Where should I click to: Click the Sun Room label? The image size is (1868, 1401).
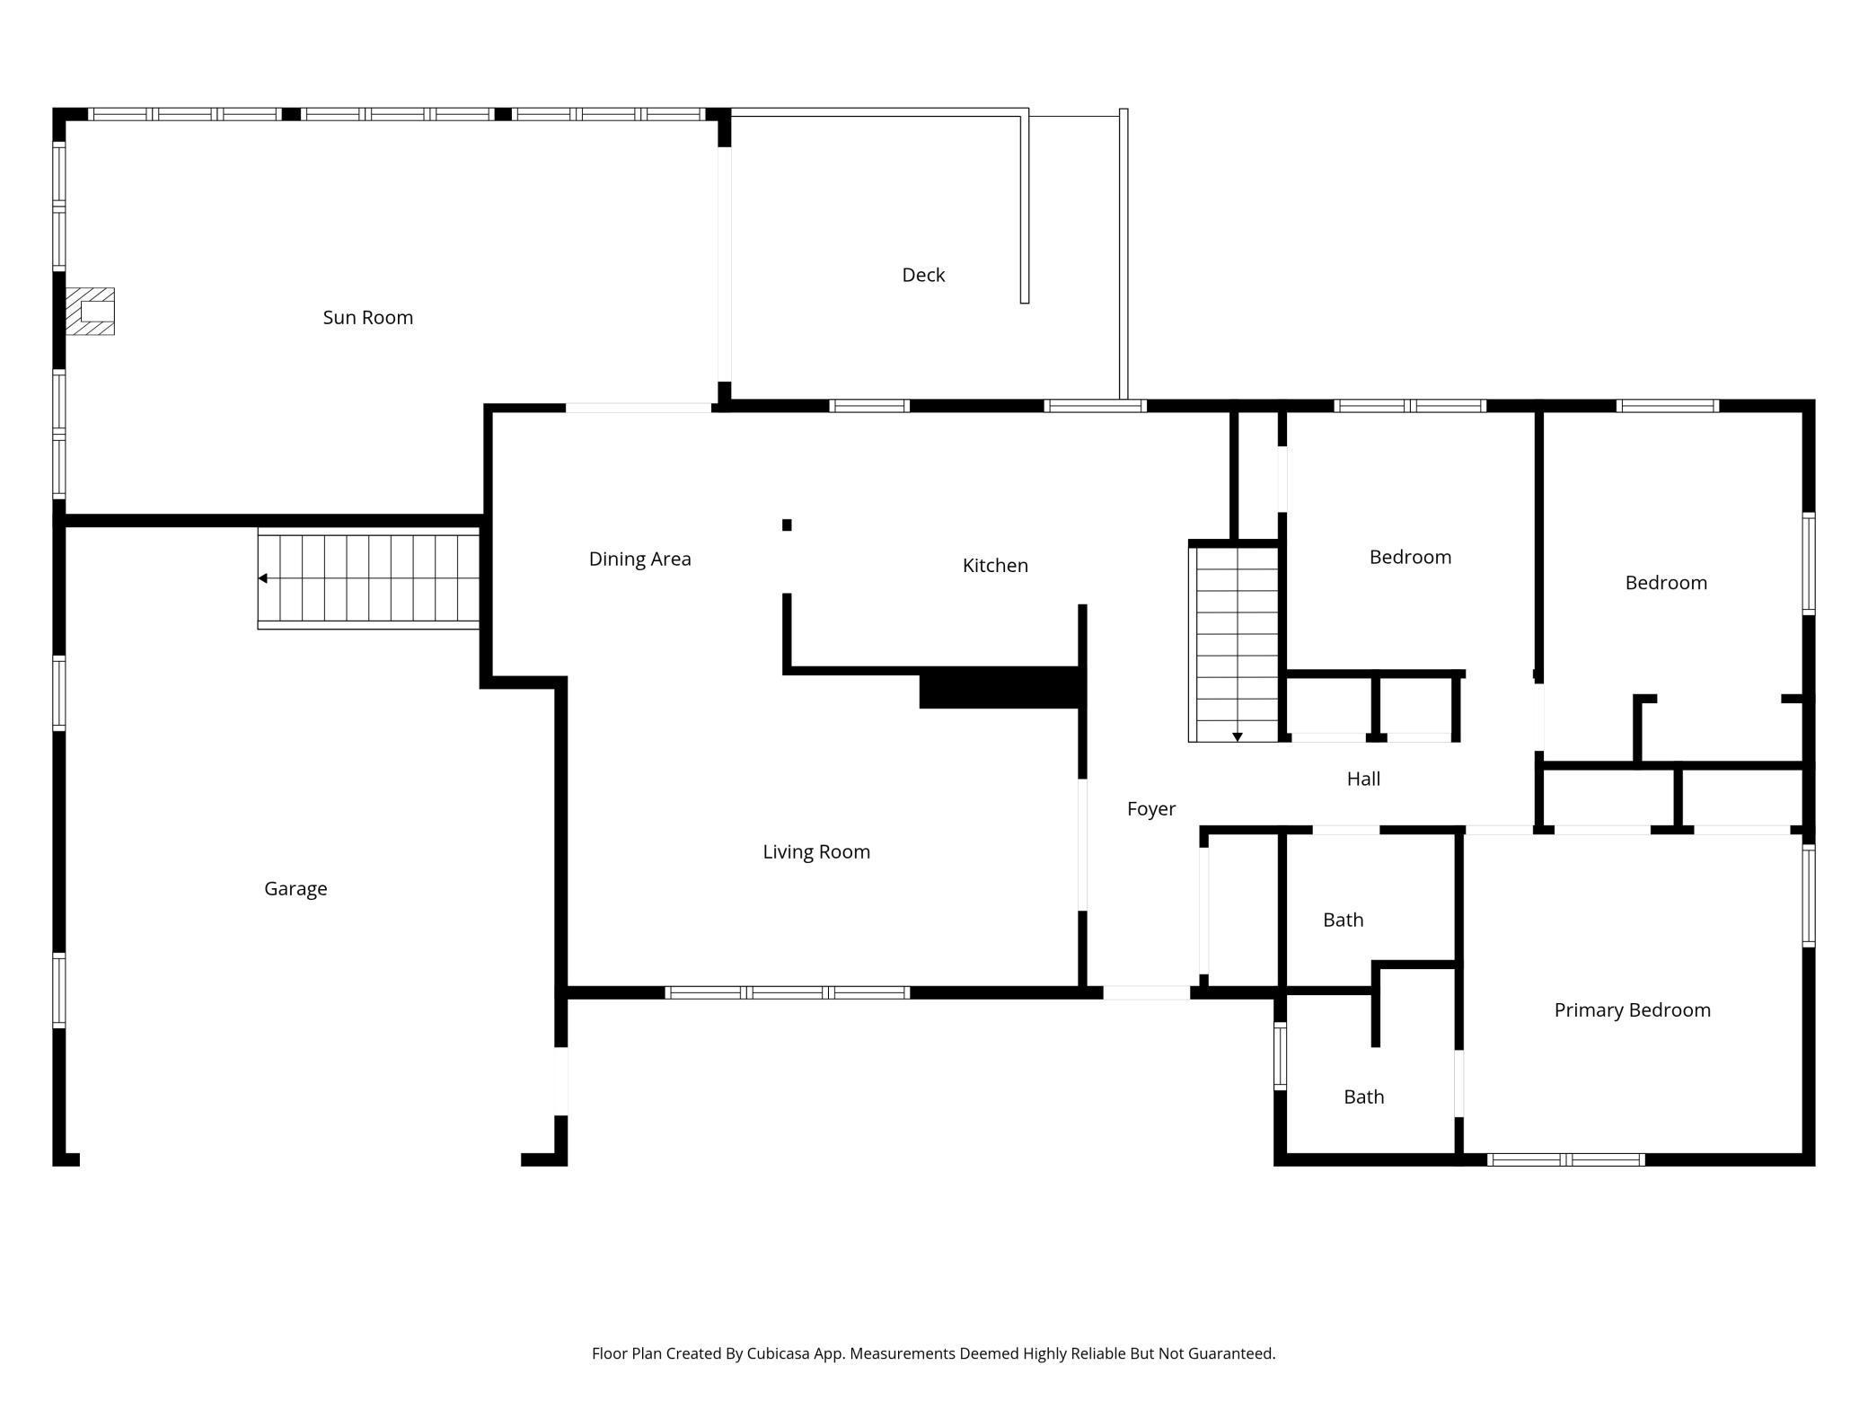pyautogui.click(x=368, y=317)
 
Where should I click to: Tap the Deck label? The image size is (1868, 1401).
pyautogui.click(x=923, y=275)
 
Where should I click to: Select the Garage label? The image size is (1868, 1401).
pyautogui.click(x=295, y=888)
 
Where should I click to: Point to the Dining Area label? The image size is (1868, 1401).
pyautogui.click(x=640, y=559)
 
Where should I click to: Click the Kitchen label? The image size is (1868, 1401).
pyautogui.click(x=995, y=565)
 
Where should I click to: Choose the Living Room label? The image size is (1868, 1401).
pyautogui.click(x=816, y=851)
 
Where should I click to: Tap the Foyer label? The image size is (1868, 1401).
pyautogui.click(x=1151, y=809)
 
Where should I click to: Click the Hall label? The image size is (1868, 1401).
pyautogui.click(x=1363, y=779)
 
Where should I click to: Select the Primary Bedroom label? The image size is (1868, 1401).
pyautogui.click(x=1632, y=1009)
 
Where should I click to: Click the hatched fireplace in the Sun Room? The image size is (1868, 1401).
pyautogui.click(x=90, y=312)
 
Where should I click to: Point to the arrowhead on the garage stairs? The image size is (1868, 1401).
pyautogui.click(x=263, y=578)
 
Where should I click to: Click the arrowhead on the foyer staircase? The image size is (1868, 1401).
pyautogui.click(x=1237, y=737)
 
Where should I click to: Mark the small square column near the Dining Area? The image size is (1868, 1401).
pyautogui.click(x=787, y=525)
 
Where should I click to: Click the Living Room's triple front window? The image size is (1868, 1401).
pyautogui.click(x=788, y=992)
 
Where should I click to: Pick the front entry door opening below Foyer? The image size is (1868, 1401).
pyautogui.click(x=1147, y=992)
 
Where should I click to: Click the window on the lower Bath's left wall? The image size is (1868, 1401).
pyautogui.click(x=1280, y=1056)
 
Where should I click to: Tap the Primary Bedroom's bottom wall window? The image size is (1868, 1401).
pyautogui.click(x=1566, y=1159)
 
